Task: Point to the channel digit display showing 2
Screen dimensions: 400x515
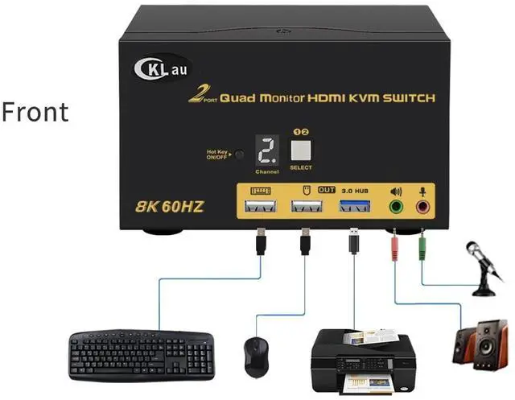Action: click(266, 150)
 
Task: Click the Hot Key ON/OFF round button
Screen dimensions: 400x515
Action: click(238, 153)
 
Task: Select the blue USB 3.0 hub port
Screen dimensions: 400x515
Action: click(353, 208)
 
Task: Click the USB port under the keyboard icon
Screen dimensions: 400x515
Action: click(260, 208)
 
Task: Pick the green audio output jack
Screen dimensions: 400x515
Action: click(396, 207)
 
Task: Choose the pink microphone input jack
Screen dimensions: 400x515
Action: click(422, 207)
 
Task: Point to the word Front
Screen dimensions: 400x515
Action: click(35, 112)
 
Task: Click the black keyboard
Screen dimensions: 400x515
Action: click(141, 354)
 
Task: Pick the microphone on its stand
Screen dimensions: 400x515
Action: click(487, 266)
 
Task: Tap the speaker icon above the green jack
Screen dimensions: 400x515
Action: click(395, 192)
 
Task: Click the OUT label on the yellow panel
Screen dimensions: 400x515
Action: click(327, 190)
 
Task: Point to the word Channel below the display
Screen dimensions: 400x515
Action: click(266, 171)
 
